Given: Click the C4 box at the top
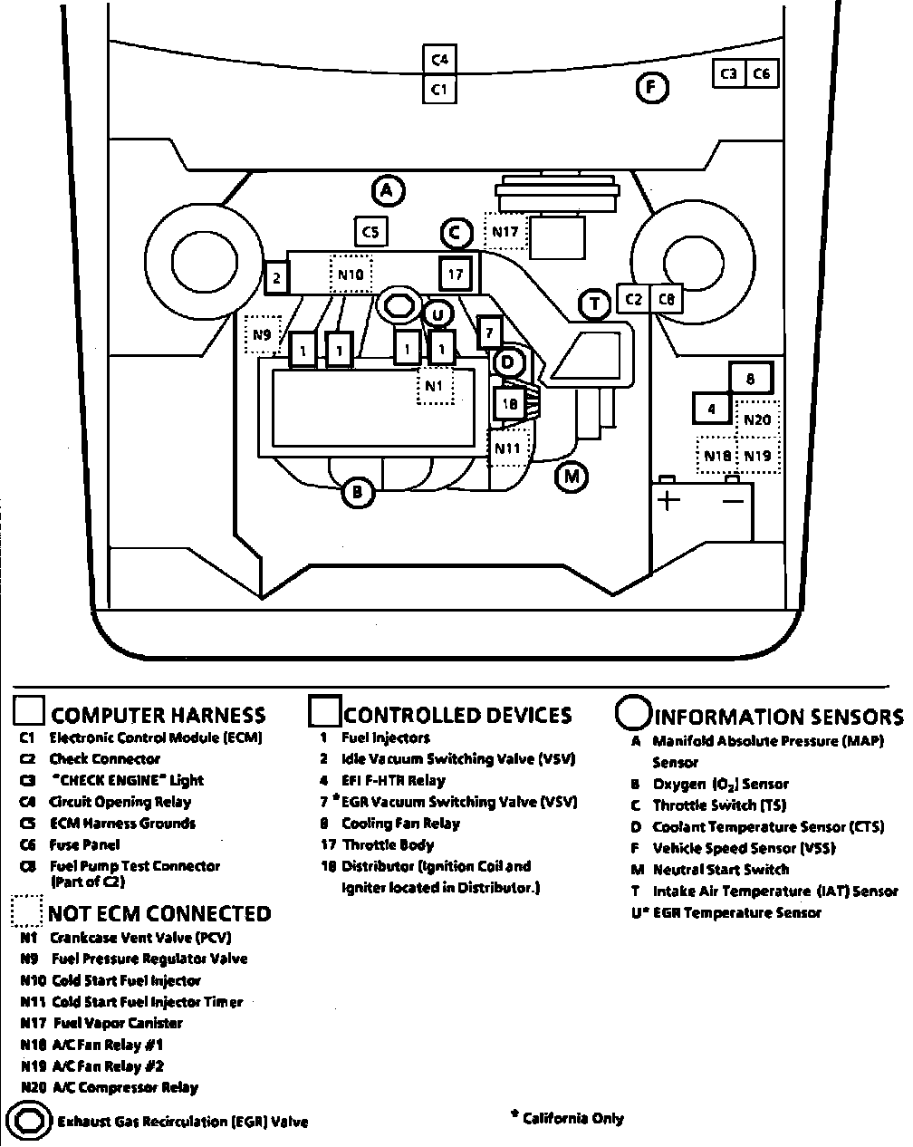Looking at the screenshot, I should coord(439,60).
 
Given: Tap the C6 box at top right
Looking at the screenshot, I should coord(762,73).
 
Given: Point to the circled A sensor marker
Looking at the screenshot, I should coord(388,190).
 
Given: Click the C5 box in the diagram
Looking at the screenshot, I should coord(370,232).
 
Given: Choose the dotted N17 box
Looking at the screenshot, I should coord(505,232).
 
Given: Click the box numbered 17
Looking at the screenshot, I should coord(455,274).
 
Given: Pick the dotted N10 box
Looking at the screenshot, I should coord(351,275).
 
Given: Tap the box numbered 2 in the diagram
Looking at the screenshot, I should coord(277,277).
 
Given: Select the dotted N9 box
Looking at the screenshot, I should coord(262,334).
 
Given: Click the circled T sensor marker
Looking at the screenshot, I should coord(595,304).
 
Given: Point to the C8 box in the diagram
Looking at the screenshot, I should coord(667,298).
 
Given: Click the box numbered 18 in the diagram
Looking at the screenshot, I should coord(509,404).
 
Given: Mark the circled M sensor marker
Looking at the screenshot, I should coord(571,476).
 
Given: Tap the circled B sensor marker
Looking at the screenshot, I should coord(358,492).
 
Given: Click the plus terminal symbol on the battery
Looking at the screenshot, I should coord(668,500).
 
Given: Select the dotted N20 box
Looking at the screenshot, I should coord(757,419).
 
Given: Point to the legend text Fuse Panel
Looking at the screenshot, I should coord(84,844).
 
